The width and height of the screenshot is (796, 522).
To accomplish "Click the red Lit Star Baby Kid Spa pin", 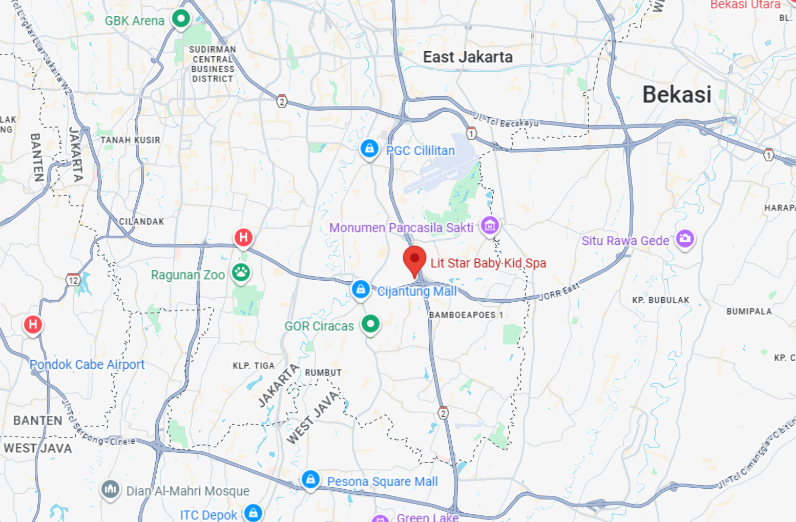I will tap(414, 259).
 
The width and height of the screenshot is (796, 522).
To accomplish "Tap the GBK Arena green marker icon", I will tap(180, 19).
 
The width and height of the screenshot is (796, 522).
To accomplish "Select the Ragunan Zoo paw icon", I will tap(241, 272).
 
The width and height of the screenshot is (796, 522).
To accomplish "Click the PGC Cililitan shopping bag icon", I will tap(369, 149).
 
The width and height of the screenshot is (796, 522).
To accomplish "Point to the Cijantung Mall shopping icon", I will tap(361, 289).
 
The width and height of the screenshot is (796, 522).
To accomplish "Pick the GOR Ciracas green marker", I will tap(370, 324).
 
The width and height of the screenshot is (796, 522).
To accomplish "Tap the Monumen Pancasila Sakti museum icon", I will tap(490, 225).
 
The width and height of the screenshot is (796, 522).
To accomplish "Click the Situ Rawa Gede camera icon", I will tap(685, 238).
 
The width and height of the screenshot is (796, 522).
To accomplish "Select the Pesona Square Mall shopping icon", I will tap(310, 479).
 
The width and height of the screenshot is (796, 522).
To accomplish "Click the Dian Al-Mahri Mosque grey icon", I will tap(110, 489).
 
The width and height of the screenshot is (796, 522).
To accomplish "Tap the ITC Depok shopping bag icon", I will tap(253, 512).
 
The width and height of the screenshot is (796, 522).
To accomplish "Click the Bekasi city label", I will tap(677, 95).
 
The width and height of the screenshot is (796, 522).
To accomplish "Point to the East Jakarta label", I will tap(468, 57).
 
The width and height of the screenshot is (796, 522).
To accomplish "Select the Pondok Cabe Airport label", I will tap(87, 364).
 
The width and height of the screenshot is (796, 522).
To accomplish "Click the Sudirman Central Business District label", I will tap(213, 64).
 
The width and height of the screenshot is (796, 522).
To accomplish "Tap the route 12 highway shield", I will tap(73, 280).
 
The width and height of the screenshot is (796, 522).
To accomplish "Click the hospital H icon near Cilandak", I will tap(243, 238).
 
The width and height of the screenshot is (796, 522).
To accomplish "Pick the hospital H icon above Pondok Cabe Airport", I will tap(33, 324).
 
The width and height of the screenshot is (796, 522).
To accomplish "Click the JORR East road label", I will tap(559, 291).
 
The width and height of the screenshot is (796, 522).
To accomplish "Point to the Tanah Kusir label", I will tap(130, 140).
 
